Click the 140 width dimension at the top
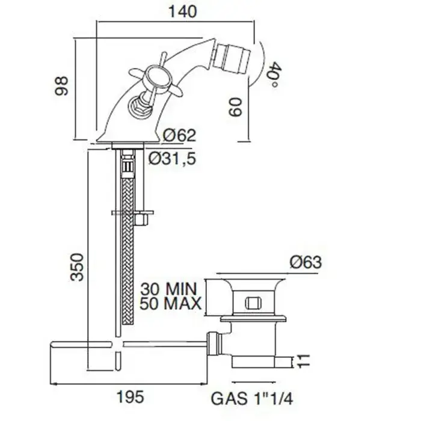pos(183,11)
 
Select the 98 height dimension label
pos(61,86)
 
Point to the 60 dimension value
pos(236,108)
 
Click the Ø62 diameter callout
pos(180,135)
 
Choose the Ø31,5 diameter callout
pos(172,158)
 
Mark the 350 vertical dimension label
pos(77,267)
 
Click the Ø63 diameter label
pos(306,262)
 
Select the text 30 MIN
pos(169,289)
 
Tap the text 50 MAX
pos(170,304)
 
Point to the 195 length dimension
pos(131,396)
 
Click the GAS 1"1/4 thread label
pos(252,398)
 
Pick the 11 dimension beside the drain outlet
pos(304,361)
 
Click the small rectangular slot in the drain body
pos(253,303)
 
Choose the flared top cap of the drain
pos(254,284)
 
